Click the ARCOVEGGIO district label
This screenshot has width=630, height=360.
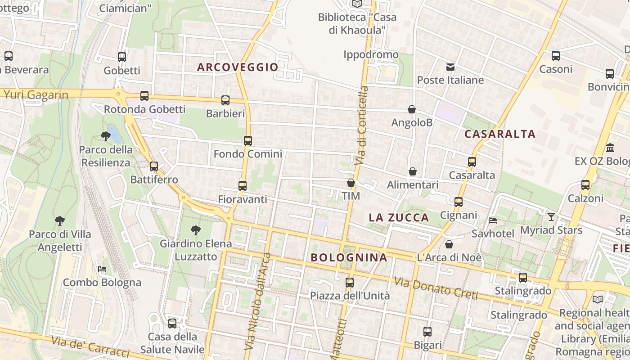click(238, 67)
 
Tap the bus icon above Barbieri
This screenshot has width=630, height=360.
click(225, 100)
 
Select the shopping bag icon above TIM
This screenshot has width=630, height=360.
click(351, 183)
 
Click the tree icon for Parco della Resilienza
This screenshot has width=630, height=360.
click(106, 136)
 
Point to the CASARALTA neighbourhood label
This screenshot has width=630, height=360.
click(500, 134)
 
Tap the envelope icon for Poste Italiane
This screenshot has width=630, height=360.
click(450, 67)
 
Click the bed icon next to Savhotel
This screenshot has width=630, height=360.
click(493, 220)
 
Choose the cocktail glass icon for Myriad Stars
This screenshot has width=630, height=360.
click(551, 217)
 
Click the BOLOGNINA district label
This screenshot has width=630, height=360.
click(349, 258)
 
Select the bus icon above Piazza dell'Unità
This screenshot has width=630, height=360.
click(350, 283)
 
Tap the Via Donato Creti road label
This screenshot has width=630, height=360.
click(436, 288)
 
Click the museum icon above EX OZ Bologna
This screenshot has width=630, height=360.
click(610, 148)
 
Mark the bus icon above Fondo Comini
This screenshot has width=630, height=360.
click(248, 140)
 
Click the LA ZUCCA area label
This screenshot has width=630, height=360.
click(399, 218)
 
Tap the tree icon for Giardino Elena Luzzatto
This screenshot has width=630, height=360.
click(196, 230)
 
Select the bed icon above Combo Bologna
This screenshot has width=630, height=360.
click(102, 269)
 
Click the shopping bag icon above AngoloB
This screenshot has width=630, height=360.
click(411, 109)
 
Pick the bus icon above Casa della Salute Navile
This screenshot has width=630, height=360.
click(172, 323)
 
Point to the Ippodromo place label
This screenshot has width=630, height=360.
click(371, 55)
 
